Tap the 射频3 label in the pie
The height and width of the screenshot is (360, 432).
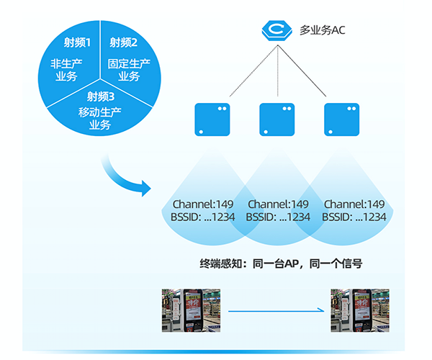tap(100, 96)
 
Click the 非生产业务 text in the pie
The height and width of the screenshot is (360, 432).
tap(65, 71)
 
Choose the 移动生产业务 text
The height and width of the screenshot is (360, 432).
tap(100, 118)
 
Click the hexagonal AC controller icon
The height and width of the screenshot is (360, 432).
tap(277, 30)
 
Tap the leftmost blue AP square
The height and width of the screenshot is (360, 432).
tap(212, 120)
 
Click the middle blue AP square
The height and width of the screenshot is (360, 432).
tap(277, 120)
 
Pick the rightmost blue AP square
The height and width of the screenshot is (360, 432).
tap(341, 120)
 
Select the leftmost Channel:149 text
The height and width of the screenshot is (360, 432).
tap(204, 204)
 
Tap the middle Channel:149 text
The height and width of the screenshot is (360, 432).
tap(278, 204)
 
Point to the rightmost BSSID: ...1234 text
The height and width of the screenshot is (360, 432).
tap(354, 217)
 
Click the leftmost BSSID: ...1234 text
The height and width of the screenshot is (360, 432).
tap(204, 217)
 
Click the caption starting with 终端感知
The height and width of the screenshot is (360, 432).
tap(279, 264)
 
